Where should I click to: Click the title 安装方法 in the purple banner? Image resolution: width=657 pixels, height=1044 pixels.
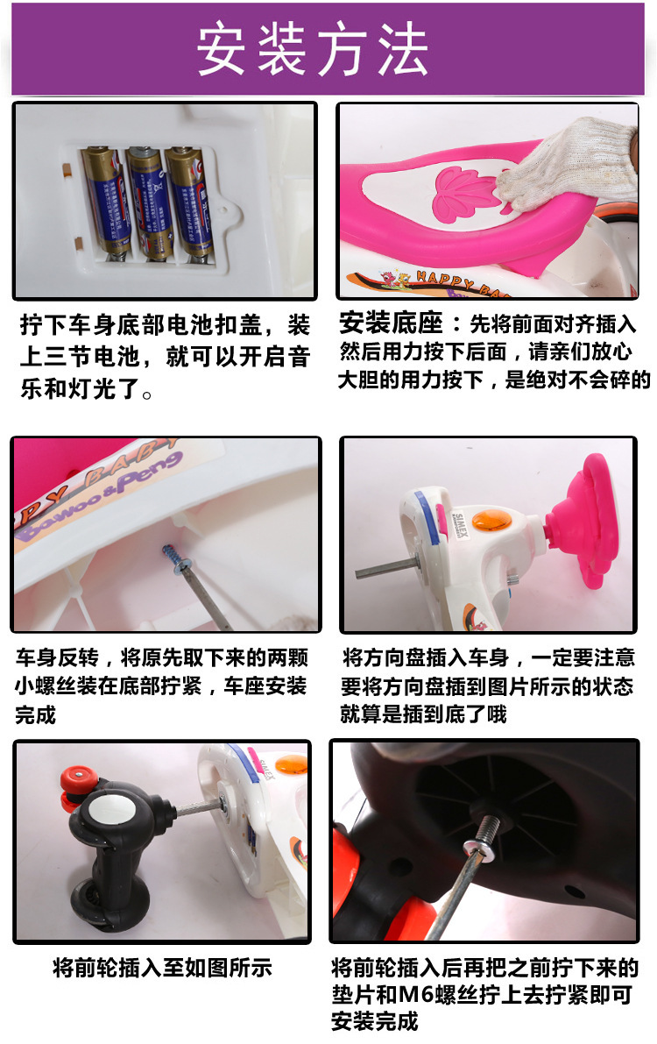[312, 48]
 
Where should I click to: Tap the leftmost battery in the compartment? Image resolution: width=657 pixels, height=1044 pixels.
[107, 201]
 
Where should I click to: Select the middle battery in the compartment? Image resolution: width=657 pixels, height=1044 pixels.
[151, 202]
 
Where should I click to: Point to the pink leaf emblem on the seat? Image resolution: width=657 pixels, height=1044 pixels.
[467, 193]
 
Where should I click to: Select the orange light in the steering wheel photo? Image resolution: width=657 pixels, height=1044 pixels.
[491, 519]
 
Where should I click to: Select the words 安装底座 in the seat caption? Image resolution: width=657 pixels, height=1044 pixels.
[391, 323]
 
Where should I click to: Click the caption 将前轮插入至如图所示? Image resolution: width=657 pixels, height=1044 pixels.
[163, 968]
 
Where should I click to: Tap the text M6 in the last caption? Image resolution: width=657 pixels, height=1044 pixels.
[416, 995]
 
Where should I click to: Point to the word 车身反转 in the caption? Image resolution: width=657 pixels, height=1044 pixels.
[57, 657]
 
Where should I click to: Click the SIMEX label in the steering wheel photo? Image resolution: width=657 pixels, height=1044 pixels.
[459, 525]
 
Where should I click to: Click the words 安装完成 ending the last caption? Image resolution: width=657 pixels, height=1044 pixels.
[375, 1021]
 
